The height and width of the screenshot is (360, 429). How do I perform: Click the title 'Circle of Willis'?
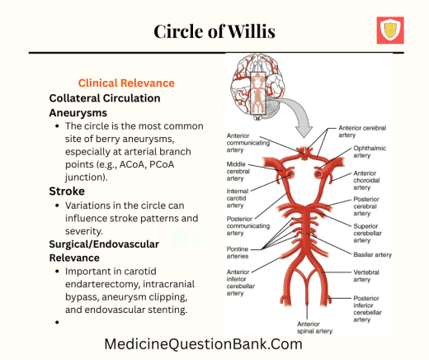(214, 31)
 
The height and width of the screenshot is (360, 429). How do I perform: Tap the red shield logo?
(389, 31)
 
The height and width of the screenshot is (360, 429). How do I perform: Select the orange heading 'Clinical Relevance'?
(125, 83)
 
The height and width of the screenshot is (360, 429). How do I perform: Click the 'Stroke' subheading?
(68, 191)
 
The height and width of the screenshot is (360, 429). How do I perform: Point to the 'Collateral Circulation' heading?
(104, 97)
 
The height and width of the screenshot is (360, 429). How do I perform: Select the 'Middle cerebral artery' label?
(242, 171)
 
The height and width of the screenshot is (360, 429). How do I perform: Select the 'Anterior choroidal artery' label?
(370, 182)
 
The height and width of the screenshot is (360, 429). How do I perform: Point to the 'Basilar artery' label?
(372, 254)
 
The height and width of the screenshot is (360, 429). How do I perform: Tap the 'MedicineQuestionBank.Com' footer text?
(203, 344)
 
